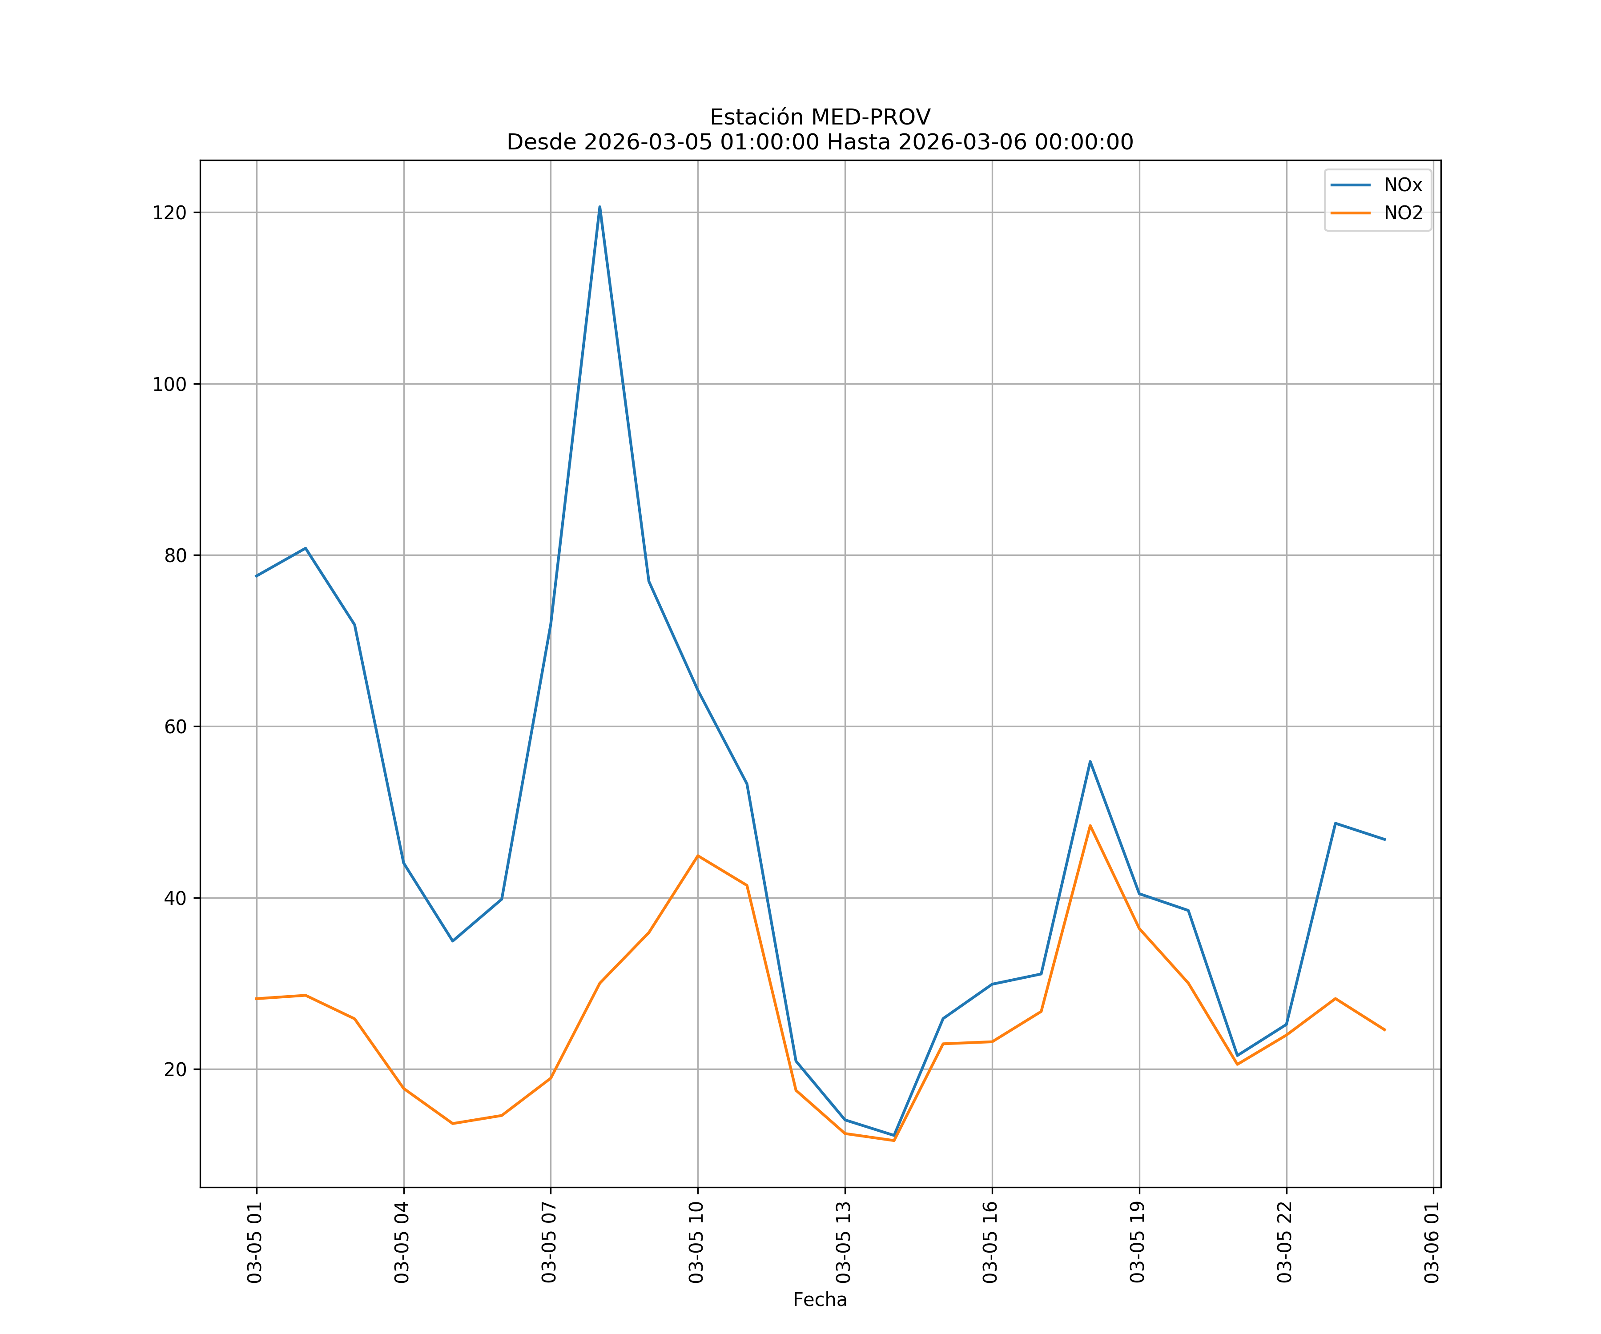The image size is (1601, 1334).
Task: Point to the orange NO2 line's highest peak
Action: point(1090,826)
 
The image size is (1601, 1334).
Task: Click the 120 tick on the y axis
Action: point(169,213)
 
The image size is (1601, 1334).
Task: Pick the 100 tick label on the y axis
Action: point(169,384)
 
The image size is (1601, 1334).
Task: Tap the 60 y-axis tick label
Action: point(175,727)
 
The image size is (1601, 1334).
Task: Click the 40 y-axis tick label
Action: point(175,898)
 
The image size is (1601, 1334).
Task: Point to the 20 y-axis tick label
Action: point(175,1069)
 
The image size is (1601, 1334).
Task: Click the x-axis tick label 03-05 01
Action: point(255,1242)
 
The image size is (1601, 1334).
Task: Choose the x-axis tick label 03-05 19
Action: point(1138,1242)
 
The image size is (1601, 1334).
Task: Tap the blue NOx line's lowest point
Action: point(893,1135)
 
